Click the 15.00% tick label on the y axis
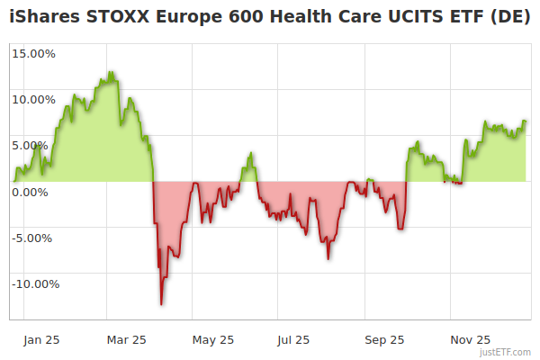click(33, 53)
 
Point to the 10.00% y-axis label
click(33, 99)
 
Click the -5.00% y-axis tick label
click(34, 238)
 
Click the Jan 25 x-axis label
click(42, 339)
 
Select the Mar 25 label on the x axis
click(126, 339)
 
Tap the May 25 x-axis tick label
click(213, 339)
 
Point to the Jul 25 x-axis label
click(293, 339)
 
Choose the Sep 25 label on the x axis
click(385, 339)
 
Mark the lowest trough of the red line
click(161, 304)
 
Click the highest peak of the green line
click(110, 72)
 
